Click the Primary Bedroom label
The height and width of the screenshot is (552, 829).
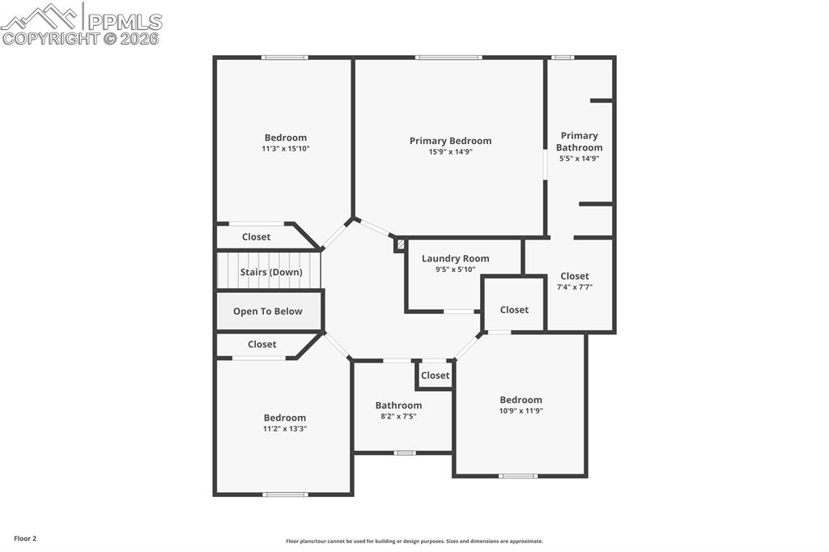pos(450,141)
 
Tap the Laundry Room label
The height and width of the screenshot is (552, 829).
pos(455,259)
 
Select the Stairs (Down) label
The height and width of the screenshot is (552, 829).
pos(271,273)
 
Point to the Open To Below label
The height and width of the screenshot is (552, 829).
pos(268,312)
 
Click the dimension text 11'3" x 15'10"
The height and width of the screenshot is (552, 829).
pos(285,149)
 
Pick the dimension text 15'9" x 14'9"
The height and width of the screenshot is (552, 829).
pos(451,152)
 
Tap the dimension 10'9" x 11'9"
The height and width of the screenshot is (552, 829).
pos(521,411)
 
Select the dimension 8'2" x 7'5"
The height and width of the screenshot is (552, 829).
pos(398,417)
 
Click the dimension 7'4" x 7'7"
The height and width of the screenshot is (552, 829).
pos(575,287)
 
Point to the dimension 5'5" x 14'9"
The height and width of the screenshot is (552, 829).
pos(579,159)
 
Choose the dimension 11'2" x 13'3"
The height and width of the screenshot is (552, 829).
pos(285,429)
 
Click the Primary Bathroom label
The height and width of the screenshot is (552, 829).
pos(579,142)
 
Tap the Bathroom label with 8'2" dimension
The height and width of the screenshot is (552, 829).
pos(398,406)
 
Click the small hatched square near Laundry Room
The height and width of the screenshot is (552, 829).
pos(400,244)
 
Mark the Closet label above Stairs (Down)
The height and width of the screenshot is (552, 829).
pos(257,237)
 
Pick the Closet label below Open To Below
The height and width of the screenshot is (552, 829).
pos(261,345)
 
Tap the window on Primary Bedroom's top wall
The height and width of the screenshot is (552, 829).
pos(449,57)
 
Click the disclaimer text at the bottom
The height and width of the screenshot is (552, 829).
pos(414,541)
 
